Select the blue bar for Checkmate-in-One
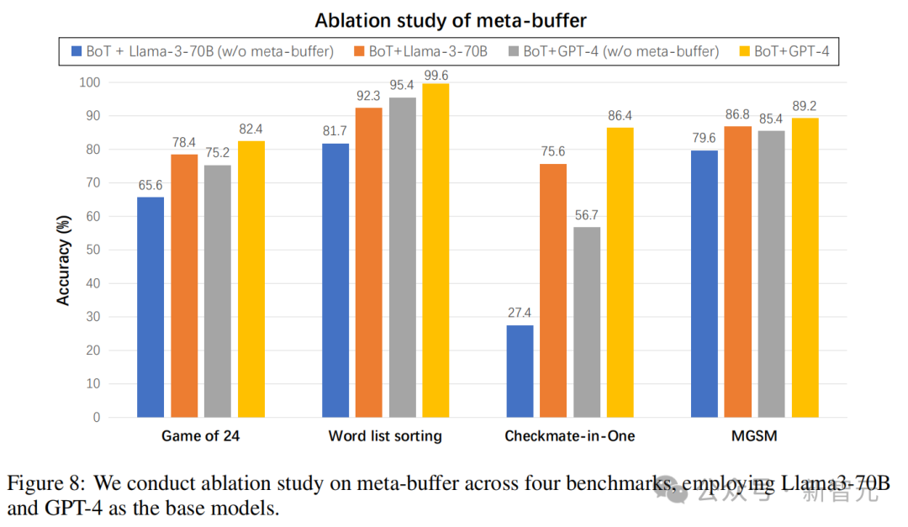tap(520, 371)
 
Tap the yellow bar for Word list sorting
tap(436, 250)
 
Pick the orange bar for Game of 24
tap(184, 286)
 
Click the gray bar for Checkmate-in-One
tap(587, 322)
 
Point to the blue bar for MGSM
tap(705, 283)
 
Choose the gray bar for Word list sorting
tap(402, 257)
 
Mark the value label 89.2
tap(805, 105)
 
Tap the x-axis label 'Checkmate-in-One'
tap(569, 436)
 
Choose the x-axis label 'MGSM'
tap(754, 436)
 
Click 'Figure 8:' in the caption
tap(46, 484)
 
